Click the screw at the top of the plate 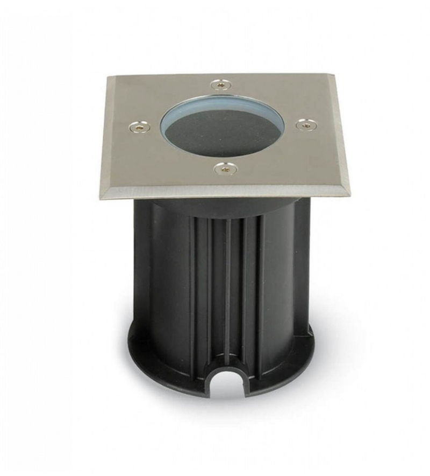pyautogui.click(x=220, y=84)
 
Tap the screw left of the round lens pyautogui.click(x=140, y=127)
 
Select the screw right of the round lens pyautogui.click(x=306, y=124)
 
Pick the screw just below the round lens pyautogui.click(x=225, y=169)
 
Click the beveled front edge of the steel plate pyautogui.click(x=226, y=192)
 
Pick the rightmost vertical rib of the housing pyautogui.click(x=262, y=280)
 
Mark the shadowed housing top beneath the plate pyautogui.click(x=226, y=207)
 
